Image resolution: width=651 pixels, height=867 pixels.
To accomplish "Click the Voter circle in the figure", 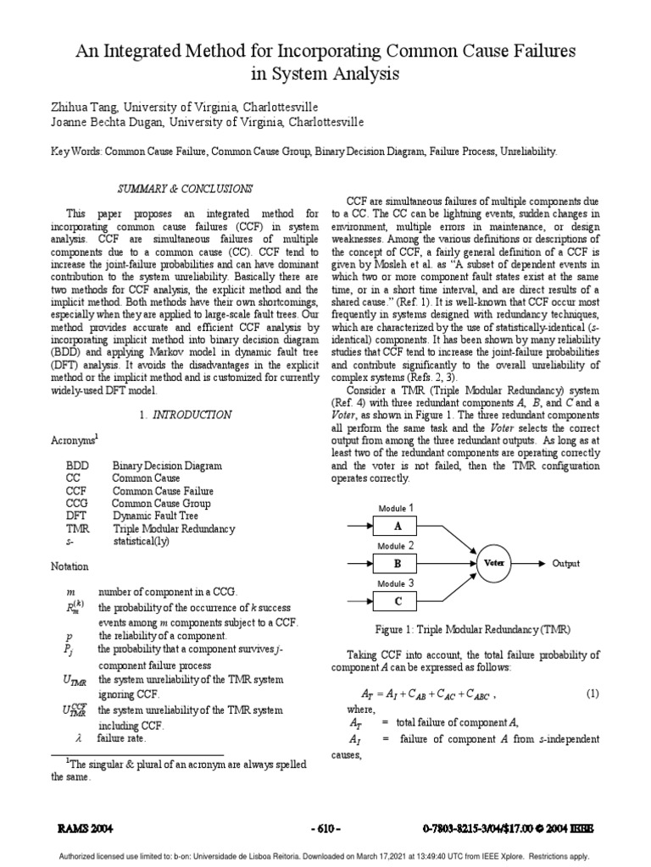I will pos(495,562).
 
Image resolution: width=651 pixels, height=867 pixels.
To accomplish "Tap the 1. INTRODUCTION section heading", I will pos(184,415).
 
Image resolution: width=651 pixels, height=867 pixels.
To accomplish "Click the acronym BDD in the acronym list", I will pos(78,466).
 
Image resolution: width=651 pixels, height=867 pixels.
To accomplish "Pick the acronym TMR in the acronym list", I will pos(78,528).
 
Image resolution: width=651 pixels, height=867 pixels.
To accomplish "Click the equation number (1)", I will pos(593,693).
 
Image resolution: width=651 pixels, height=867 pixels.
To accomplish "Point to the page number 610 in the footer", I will pos(325,828).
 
